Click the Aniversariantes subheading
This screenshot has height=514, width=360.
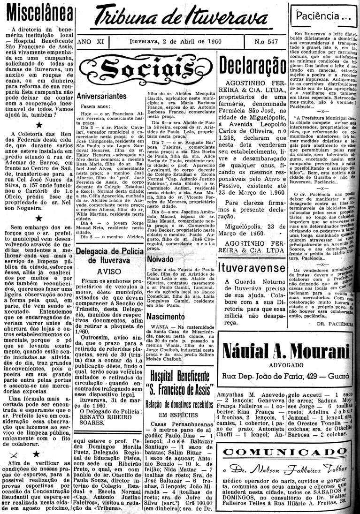point(102,96)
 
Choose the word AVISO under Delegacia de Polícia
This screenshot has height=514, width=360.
point(109,271)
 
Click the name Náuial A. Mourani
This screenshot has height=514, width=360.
point(287,352)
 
